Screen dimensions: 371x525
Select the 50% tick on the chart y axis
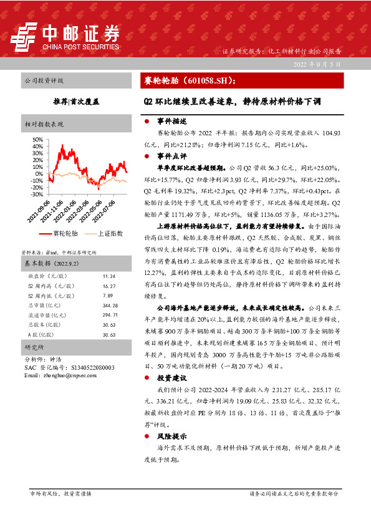point(36,140)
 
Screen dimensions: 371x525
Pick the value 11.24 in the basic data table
point(108,276)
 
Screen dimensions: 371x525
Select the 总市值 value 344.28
point(109,306)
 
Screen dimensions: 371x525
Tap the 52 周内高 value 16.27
point(108,286)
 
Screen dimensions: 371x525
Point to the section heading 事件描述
point(168,121)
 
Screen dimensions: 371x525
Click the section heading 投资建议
point(168,378)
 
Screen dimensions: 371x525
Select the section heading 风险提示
point(168,437)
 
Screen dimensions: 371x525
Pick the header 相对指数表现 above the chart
point(44,124)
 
